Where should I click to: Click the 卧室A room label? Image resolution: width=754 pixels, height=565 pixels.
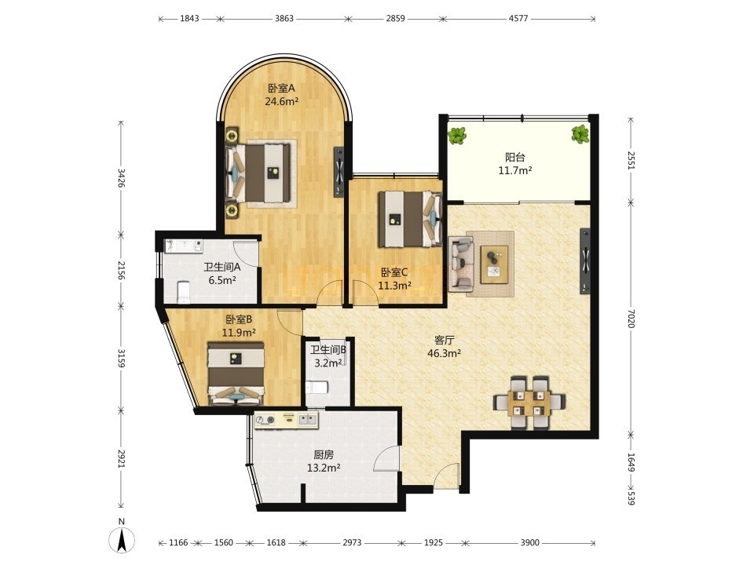[x=281, y=89]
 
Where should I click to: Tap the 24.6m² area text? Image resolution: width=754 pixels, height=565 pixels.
[x=282, y=101]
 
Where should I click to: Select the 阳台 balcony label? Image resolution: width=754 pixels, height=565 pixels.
[x=515, y=157]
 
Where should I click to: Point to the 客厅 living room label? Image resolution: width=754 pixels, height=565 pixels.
[x=445, y=340]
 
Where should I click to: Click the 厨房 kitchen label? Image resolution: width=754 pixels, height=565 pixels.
[x=324, y=454]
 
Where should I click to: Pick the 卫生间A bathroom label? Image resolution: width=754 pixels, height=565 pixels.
[x=222, y=267]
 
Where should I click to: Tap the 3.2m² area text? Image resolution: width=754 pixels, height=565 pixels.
[x=328, y=363]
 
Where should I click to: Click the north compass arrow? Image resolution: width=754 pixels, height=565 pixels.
[x=123, y=540]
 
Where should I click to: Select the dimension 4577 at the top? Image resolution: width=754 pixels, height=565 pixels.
[x=518, y=19]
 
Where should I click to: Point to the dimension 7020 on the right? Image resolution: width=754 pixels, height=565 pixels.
[x=631, y=318]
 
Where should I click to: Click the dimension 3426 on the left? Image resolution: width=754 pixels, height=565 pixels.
[x=121, y=178]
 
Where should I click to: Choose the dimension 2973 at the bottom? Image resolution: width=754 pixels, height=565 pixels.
[x=352, y=543]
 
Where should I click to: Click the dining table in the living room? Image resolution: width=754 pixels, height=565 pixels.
[x=529, y=402]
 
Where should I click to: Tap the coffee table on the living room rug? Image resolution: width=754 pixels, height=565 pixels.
[x=494, y=264]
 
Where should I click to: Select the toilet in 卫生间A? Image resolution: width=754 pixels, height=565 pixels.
[x=184, y=293]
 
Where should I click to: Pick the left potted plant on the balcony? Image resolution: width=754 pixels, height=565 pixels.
[x=457, y=136]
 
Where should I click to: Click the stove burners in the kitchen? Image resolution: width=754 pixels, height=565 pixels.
[x=265, y=421]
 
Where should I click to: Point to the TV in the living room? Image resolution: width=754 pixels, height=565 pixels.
[x=585, y=261]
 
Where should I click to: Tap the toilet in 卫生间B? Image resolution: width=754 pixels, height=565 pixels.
[x=317, y=387]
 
